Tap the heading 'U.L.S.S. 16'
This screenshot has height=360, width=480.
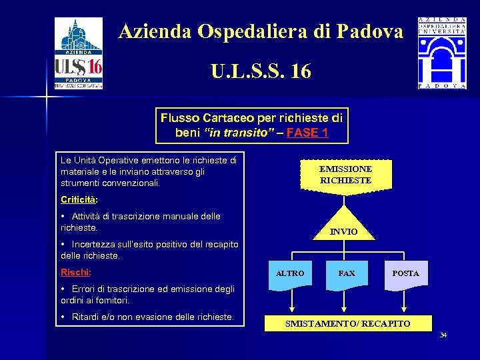[x=261, y=71]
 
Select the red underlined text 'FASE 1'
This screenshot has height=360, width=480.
[x=307, y=132]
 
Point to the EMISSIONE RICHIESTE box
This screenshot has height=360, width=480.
[x=345, y=175]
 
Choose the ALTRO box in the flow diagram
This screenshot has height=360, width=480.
[x=290, y=273]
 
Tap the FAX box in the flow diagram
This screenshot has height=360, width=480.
[x=347, y=273]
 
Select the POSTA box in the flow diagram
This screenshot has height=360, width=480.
[x=405, y=273]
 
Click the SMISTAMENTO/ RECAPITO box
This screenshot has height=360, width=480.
[x=347, y=323]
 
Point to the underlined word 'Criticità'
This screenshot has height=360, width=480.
[x=78, y=199]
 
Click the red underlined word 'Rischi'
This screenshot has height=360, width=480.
[x=75, y=272]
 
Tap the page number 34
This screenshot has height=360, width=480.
[x=443, y=335]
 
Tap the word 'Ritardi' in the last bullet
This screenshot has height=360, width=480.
[x=87, y=317]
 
